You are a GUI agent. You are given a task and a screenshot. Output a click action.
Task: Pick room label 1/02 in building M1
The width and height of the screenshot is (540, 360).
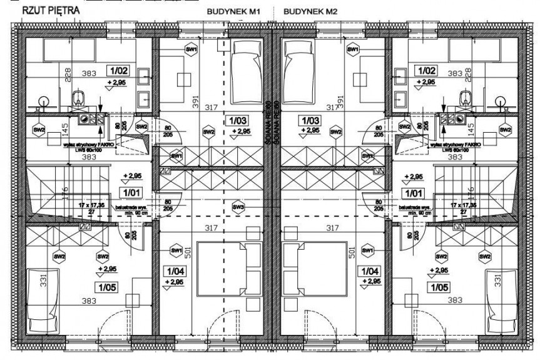(x=119, y=71)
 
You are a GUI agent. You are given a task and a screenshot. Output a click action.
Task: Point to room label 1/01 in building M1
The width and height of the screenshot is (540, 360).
(x=131, y=193)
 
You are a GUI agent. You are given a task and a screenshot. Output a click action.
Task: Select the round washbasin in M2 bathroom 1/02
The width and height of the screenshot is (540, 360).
(x=499, y=100)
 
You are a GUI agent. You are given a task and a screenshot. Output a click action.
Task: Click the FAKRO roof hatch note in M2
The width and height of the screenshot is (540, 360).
(x=452, y=147)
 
